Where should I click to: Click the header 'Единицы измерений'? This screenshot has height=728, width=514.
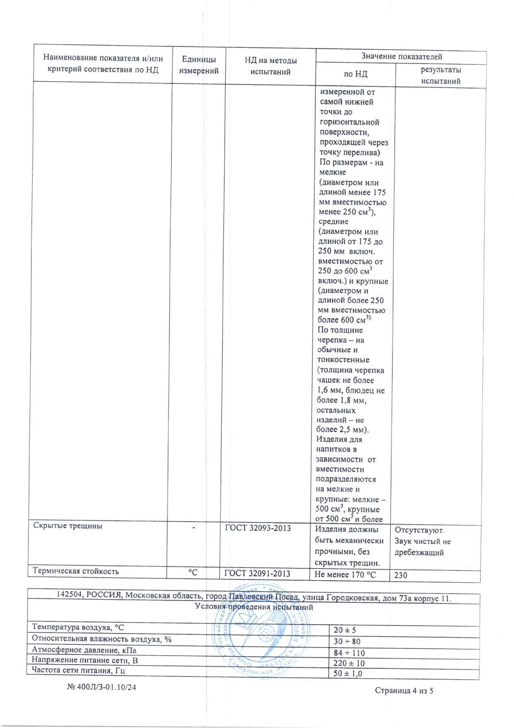(199, 65)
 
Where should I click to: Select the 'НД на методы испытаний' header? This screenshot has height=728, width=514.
(270, 66)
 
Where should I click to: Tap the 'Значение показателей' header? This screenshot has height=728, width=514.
(401, 57)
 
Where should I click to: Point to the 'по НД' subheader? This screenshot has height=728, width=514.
(355, 74)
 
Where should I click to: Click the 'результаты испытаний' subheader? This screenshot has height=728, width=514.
(441, 75)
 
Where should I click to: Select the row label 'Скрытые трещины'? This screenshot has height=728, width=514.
(68, 526)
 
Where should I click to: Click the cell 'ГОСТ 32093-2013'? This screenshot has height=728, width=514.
(257, 528)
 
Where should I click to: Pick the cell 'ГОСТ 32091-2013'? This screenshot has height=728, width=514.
(257, 574)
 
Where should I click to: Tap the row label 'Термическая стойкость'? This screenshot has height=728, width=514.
(76, 571)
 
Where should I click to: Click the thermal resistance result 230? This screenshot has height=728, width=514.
(401, 575)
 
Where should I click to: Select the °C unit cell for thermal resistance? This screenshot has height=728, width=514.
(193, 572)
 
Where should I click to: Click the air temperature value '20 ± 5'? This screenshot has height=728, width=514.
(345, 630)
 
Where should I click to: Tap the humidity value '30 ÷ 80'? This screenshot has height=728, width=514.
(347, 641)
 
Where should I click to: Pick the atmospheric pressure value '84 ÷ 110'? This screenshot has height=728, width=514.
(349, 653)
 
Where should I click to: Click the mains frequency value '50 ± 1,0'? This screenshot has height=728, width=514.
(347, 674)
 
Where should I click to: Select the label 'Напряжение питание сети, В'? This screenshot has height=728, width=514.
(85, 660)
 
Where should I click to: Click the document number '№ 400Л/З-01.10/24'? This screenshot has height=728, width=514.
(101, 687)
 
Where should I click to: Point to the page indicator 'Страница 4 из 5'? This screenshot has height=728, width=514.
(404, 691)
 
